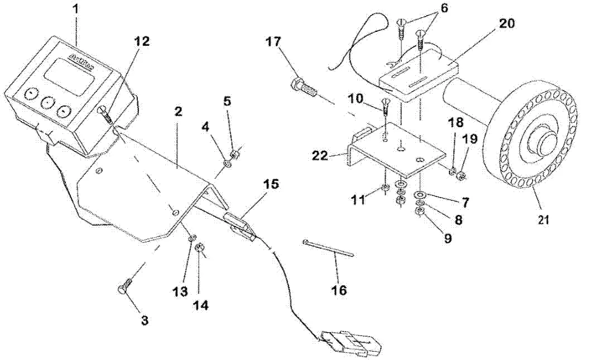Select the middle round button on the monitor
point(46,102)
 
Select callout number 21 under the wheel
point(544,220)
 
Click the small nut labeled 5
point(236,152)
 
